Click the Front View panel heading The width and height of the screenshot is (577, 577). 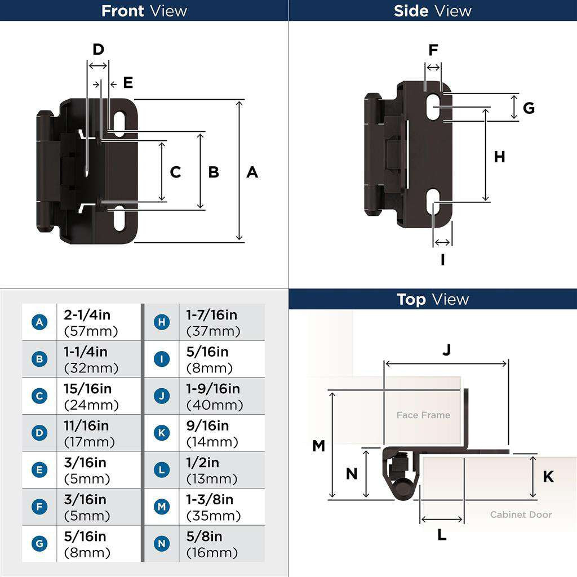[144, 11]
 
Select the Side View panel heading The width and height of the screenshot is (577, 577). [432, 11]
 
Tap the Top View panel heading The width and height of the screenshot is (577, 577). [432, 299]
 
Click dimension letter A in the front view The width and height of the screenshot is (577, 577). [252, 172]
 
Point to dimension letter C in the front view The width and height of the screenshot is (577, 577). [175, 172]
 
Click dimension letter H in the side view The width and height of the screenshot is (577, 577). [499, 157]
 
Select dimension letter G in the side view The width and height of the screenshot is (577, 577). [528, 108]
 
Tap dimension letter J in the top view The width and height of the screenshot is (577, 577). [446, 350]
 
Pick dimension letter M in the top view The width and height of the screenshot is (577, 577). [318, 446]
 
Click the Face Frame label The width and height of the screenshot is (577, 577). [423, 415]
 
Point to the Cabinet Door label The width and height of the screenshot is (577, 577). [521, 514]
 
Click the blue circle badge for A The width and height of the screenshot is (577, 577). [39, 322]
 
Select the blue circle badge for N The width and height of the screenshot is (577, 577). [162, 544]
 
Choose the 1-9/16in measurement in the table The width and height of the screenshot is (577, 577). [213, 389]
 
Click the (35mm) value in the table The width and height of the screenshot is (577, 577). [214, 516]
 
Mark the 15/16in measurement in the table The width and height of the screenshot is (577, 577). [88, 389]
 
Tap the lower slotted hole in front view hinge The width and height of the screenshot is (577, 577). [120, 218]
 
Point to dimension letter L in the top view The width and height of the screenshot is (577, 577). [442, 535]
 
